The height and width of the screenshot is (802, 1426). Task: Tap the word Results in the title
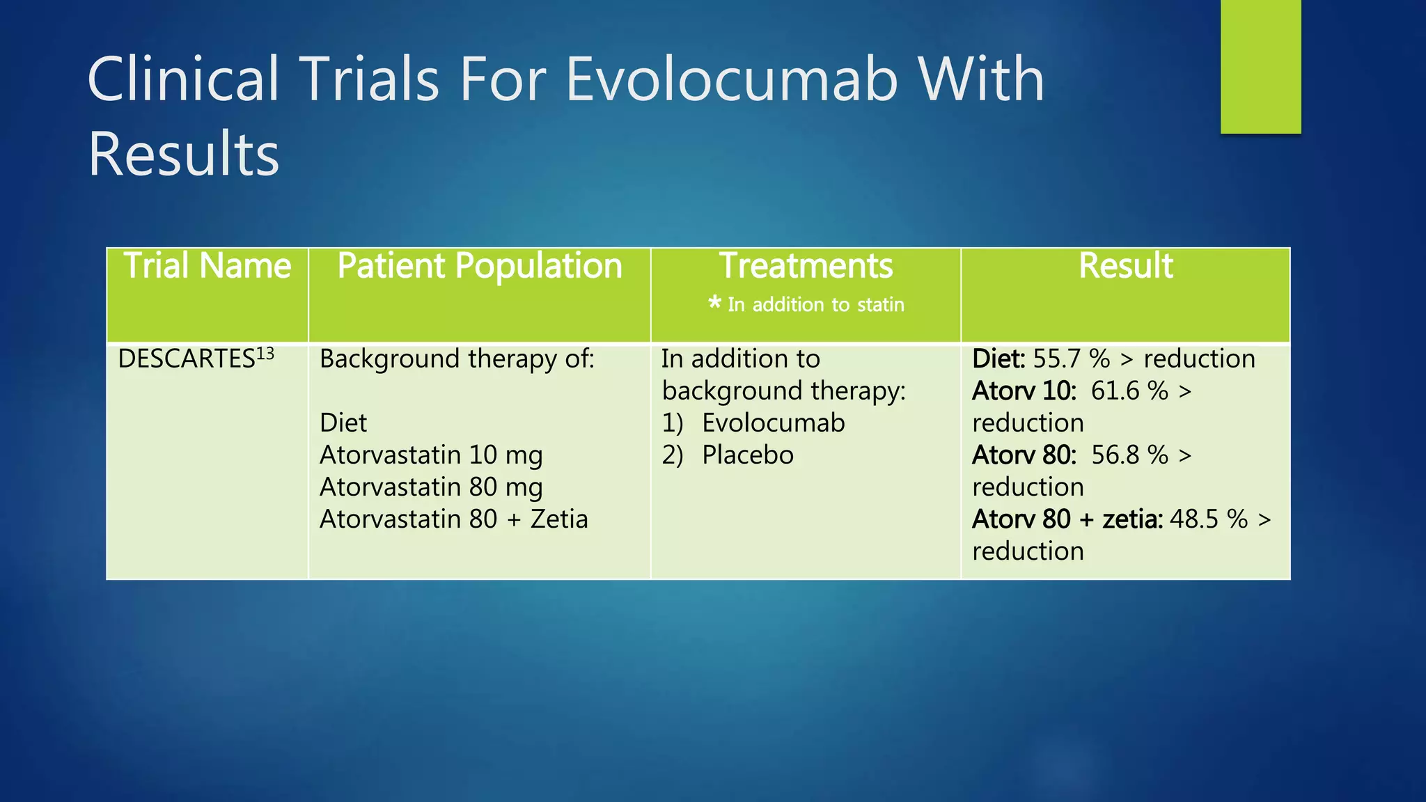[183, 155]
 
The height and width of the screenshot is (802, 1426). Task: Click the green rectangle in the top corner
[1260, 66]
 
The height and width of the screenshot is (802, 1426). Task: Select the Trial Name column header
[207, 267]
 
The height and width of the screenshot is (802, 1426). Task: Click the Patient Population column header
[479, 267]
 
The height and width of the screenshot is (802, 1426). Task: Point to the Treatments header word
[806, 267]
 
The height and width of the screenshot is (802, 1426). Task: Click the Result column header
[1125, 267]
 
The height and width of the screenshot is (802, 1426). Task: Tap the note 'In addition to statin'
[815, 305]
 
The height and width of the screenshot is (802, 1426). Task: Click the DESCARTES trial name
[186, 359]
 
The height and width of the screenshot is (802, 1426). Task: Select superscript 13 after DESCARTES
[265, 354]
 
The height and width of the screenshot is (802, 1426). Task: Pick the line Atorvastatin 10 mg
[431, 455]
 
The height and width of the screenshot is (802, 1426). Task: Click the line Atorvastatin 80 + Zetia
[453, 519]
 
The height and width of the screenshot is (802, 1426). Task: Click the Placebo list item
[747, 455]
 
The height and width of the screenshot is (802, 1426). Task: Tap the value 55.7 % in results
[1071, 359]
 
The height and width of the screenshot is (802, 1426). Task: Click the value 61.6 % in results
[1129, 391]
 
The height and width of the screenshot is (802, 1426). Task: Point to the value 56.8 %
[1129, 455]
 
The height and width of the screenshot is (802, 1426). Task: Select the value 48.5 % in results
[1208, 519]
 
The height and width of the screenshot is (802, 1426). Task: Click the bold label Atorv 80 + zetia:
[1067, 519]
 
